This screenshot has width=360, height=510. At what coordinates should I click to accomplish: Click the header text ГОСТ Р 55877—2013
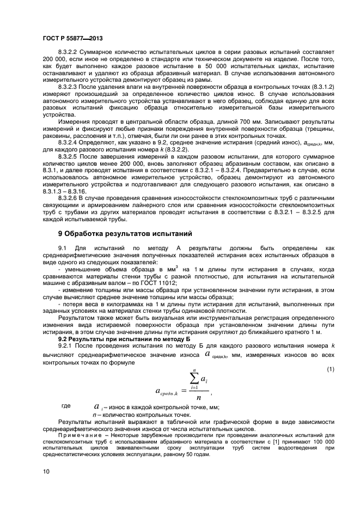(73, 39)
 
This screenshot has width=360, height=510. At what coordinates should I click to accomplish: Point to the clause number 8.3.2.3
(69, 87)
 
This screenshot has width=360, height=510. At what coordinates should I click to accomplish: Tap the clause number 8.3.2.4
(69, 142)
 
